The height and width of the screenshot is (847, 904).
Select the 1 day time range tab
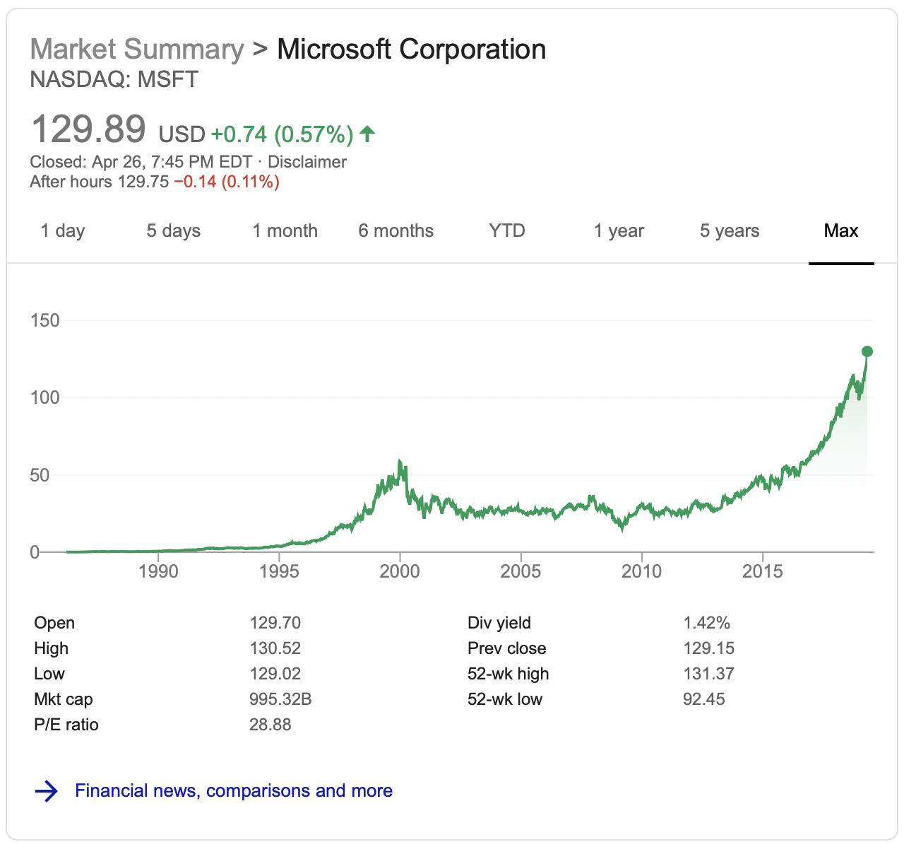click(63, 231)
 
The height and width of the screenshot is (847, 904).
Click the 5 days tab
click(174, 231)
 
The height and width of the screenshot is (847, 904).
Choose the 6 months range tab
click(395, 231)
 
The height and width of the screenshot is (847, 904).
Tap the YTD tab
click(507, 231)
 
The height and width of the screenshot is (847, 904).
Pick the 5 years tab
click(730, 231)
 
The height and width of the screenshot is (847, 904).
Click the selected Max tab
click(841, 231)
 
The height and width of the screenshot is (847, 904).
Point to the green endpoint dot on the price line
click(867, 351)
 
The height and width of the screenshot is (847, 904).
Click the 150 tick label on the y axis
click(45, 320)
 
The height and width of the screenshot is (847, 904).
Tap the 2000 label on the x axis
click(400, 571)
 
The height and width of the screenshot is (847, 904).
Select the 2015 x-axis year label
click(763, 571)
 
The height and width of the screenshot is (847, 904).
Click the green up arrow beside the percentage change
click(367, 133)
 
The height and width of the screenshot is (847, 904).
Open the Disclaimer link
click(307, 162)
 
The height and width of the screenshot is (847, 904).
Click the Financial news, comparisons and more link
click(234, 790)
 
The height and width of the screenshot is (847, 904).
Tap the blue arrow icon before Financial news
click(47, 790)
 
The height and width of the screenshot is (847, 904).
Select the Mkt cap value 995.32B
click(280, 699)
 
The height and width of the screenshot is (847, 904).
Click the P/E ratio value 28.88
click(270, 725)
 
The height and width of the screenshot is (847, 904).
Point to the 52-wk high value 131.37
click(708, 674)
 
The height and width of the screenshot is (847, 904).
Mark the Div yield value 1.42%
click(706, 623)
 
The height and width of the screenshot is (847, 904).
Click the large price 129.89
click(88, 130)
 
